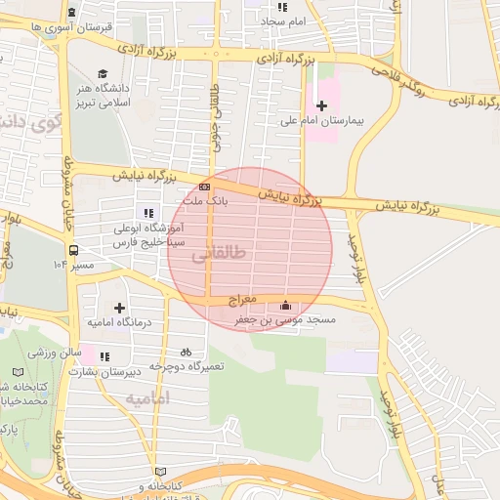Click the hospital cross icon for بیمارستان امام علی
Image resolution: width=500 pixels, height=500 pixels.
pos(321,104)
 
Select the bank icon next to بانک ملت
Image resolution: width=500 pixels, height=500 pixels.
pos(204,186)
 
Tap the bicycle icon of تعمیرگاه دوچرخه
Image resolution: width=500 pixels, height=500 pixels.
pos(186,352)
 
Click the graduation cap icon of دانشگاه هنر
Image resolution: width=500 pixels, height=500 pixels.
pos(103,73)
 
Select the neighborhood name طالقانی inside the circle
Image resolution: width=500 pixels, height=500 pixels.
pos(216,255)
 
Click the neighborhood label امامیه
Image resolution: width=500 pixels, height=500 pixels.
pos(147,398)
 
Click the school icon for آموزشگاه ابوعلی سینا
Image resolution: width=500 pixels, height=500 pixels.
pos(148,213)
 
